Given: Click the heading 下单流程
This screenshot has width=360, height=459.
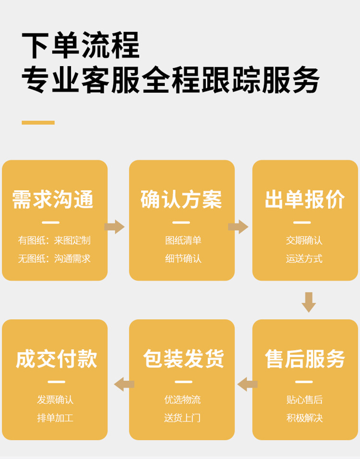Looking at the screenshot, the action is tap(81, 46).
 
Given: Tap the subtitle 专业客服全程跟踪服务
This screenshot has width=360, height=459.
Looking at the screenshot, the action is tap(170, 79).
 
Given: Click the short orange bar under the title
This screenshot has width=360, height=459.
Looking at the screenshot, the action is tap(38, 123).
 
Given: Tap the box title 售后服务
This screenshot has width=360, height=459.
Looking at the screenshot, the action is tap(305, 359).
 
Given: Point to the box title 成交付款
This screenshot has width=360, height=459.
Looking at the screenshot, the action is tap(57, 359).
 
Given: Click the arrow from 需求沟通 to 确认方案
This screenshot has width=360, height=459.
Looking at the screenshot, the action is tap(115, 227).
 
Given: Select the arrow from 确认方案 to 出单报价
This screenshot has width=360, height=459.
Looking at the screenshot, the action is tap(239, 227).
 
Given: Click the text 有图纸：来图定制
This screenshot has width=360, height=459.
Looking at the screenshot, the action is tap(54, 240).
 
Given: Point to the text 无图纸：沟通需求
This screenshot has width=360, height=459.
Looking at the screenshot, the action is tap(54, 259).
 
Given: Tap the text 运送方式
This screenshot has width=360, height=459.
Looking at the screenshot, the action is tap(304, 259).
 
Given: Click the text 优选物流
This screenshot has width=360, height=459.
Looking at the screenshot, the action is tap(182, 400).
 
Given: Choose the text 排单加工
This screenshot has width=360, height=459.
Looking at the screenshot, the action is tap(55, 418).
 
